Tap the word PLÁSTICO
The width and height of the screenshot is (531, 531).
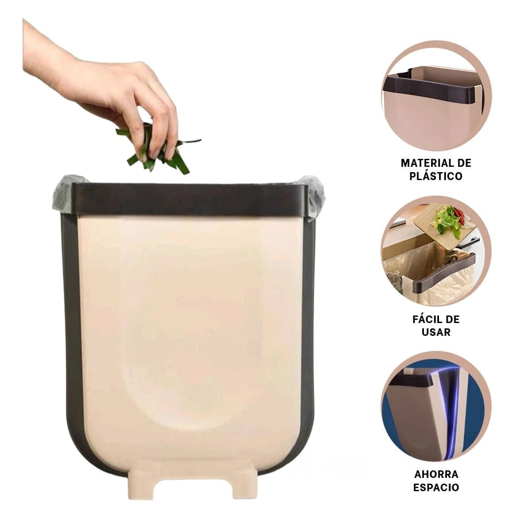click(436, 176)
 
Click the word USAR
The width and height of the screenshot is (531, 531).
click(436, 332)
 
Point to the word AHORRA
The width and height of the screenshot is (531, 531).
click(436, 474)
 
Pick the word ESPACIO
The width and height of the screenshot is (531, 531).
click(436, 488)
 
